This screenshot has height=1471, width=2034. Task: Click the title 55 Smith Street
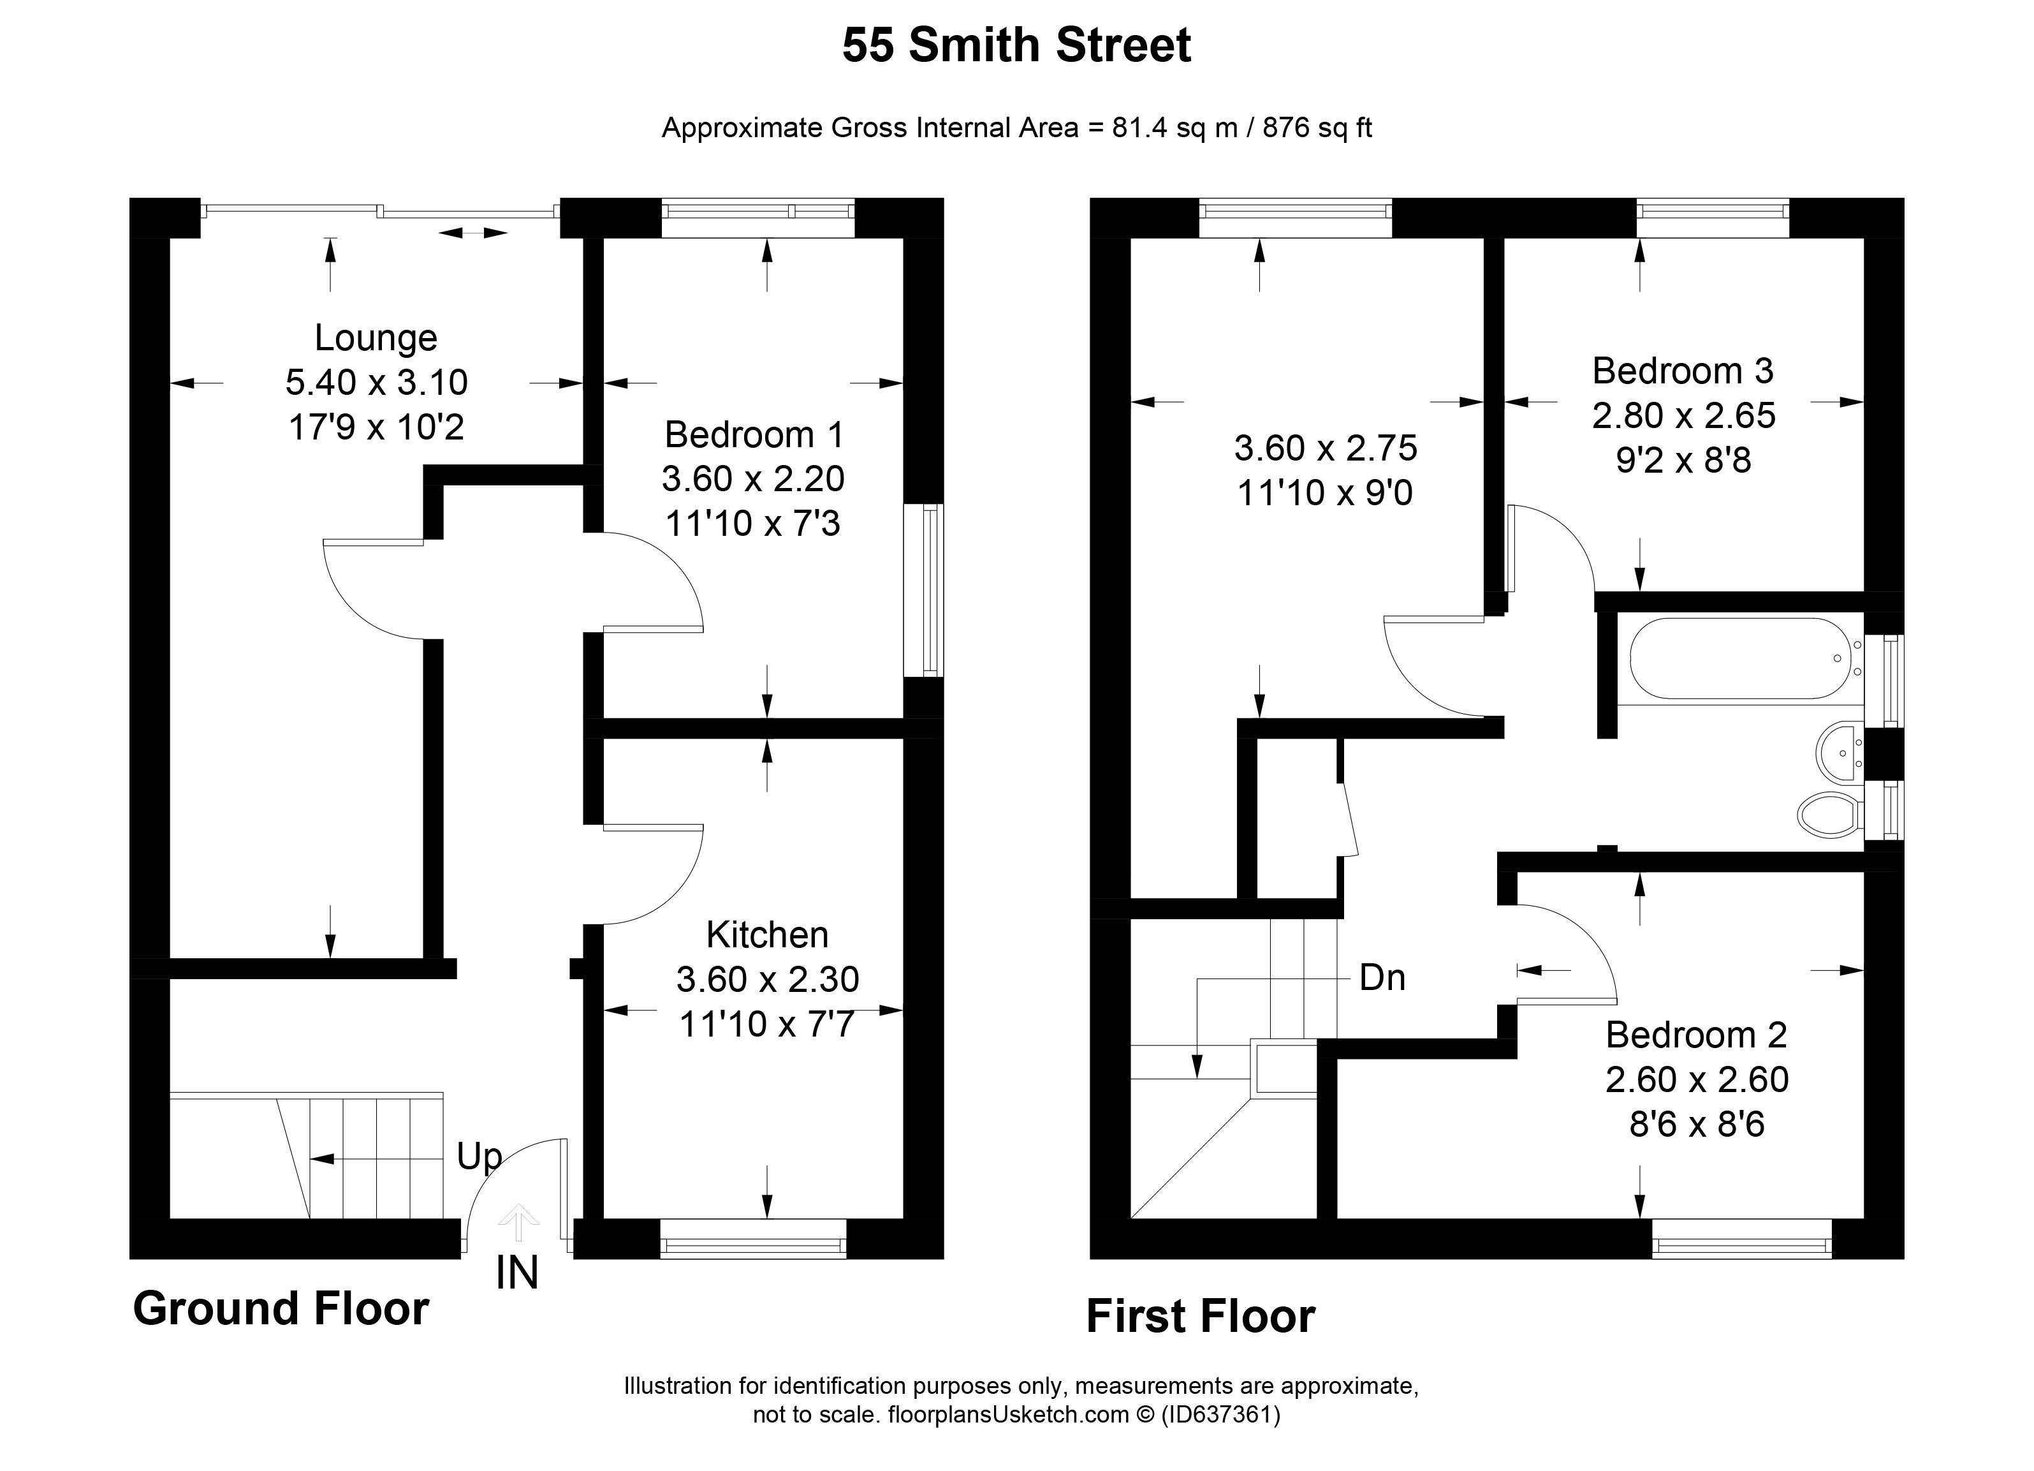pyautogui.click(x=1016, y=46)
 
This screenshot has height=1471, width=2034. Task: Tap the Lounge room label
pyautogui.click(x=376, y=338)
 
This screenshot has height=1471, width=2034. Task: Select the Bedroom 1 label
pyautogui.click(x=753, y=435)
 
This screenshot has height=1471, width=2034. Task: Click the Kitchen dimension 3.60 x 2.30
pyautogui.click(x=768, y=979)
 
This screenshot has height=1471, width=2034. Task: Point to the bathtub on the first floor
pyautogui.click(x=1740, y=658)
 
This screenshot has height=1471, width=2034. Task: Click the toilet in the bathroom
pyautogui.click(x=1829, y=813)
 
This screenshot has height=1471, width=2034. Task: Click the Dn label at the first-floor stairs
pyautogui.click(x=1382, y=978)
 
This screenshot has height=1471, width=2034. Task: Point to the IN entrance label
pyautogui.click(x=518, y=1274)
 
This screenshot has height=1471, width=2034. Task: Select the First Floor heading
pyautogui.click(x=1200, y=1317)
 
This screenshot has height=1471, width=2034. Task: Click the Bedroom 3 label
pyautogui.click(x=1683, y=371)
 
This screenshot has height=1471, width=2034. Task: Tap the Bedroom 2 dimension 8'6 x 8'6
pyautogui.click(x=1697, y=1124)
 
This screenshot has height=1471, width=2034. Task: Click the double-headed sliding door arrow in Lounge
pyautogui.click(x=472, y=233)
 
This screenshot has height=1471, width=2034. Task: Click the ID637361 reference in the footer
pyautogui.click(x=1220, y=1416)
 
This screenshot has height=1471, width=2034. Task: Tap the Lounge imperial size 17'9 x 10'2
pyautogui.click(x=376, y=428)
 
